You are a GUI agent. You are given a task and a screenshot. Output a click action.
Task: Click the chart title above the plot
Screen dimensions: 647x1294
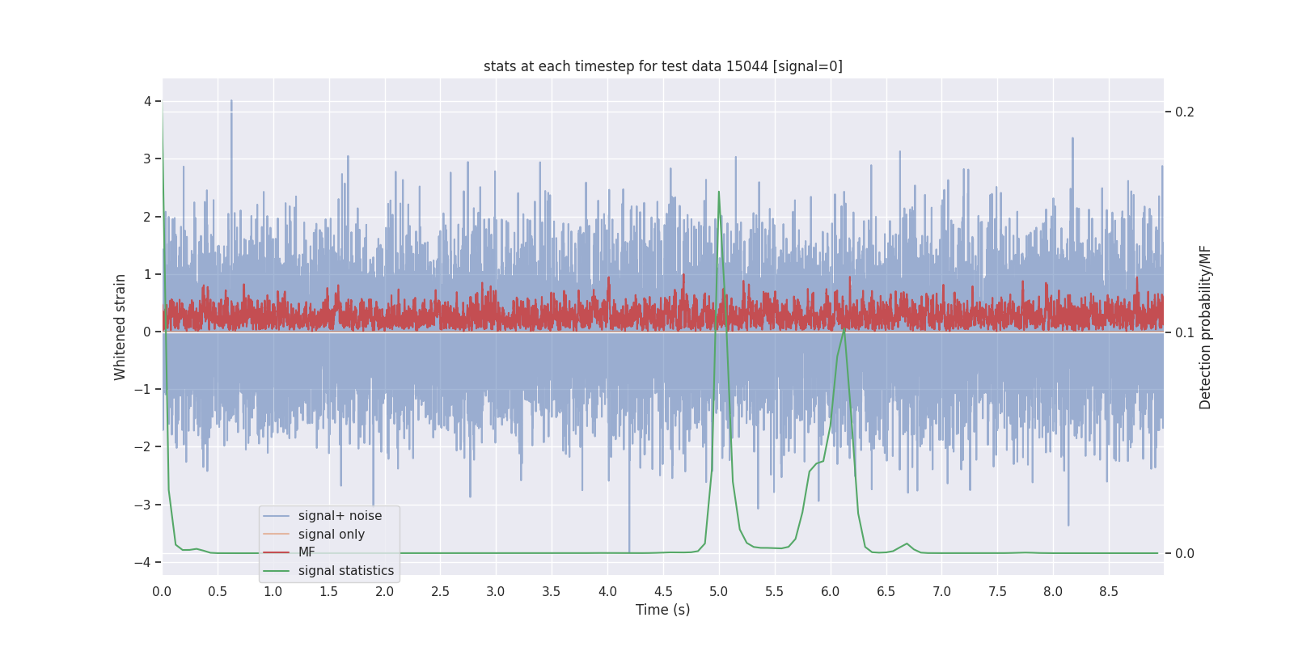coord(662,66)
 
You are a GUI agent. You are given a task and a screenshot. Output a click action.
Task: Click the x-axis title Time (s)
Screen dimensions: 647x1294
coord(662,610)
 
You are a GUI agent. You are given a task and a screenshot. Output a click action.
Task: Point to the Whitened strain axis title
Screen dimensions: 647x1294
coord(121,327)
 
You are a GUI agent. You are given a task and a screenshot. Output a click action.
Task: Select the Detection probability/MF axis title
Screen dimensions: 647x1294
coord(1205,327)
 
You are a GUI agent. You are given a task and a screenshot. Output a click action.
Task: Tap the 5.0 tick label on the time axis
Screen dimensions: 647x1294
coord(719,591)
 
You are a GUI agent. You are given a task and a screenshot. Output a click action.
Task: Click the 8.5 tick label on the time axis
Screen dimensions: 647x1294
coord(1109,591)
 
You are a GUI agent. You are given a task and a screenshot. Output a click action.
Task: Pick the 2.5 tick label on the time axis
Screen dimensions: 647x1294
coord(440,591)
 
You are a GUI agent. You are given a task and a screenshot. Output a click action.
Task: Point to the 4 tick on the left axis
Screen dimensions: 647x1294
coord(148,101)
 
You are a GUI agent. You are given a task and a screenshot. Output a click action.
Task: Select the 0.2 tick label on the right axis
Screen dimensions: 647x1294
coord(1184,112)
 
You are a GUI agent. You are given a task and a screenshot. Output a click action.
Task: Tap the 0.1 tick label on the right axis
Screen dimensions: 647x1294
coord(1184,332)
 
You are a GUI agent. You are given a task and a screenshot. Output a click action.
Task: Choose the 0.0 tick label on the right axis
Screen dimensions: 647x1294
coord(1184,553)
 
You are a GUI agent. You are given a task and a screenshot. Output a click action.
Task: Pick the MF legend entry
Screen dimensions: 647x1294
coord(307,552)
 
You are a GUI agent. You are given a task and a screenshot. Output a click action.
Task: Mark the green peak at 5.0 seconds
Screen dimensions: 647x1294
coord(719,192)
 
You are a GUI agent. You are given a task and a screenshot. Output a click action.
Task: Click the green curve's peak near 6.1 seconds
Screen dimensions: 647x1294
coord(844,329)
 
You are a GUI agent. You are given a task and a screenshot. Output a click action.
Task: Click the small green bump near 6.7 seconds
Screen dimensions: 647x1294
coord(907,543)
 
